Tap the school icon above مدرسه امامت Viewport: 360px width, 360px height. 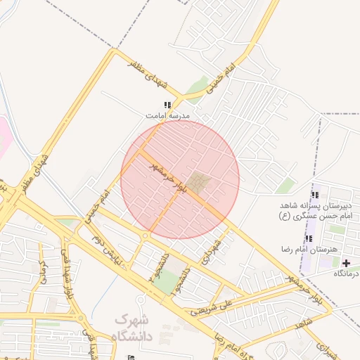click(167, 105)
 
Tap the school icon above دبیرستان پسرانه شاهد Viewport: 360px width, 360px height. click(314, 195)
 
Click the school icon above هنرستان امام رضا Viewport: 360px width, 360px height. click(309, 239)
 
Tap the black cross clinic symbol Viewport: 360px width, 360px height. click(346, 262)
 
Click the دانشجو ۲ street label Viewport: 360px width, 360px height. click(156, 266)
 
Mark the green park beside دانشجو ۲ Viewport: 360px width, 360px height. click(167, 283)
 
